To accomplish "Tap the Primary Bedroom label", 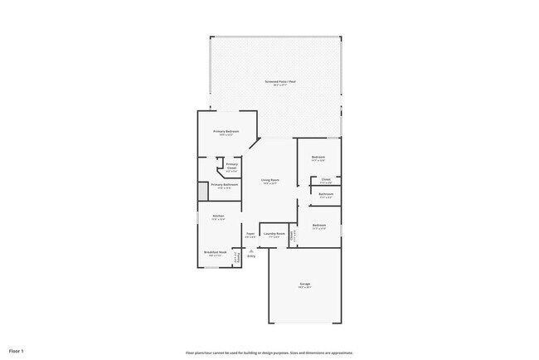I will (226, 131).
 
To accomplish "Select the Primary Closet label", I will (231, 166).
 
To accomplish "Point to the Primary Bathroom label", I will (224, 184).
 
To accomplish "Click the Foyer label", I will (250, 234).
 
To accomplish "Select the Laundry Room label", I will (274, 234).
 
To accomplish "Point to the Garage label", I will (304, 285).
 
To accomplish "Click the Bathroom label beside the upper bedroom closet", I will (326, 194).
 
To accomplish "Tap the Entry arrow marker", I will (250, 250).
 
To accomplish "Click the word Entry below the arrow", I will (251, 255).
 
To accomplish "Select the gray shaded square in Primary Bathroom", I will (202, 192).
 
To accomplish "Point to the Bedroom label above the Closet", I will (318, 157).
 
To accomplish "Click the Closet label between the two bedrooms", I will (326, 179).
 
